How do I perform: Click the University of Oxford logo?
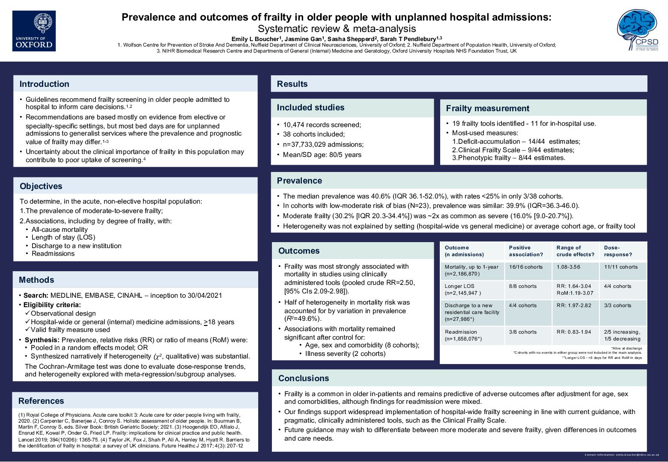click(x=34, y=31)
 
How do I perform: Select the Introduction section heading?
click(x=44, y=84)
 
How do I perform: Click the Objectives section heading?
click(x=41, y=186)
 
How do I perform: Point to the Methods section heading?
click(x=36, y=280)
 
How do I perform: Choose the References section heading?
click(x=41, y=401)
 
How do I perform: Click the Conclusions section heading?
click(x=304, y=378)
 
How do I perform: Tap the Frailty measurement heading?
click(x=487, y=108)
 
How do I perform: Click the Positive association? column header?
click(x=526, y=251)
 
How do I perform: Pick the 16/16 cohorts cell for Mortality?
click(x=526, y=267)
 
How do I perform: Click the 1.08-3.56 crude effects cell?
click(x=568, y=267)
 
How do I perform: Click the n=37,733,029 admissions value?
click(x=323, y=145)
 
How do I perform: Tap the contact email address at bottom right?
click(x=637, y=455)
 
